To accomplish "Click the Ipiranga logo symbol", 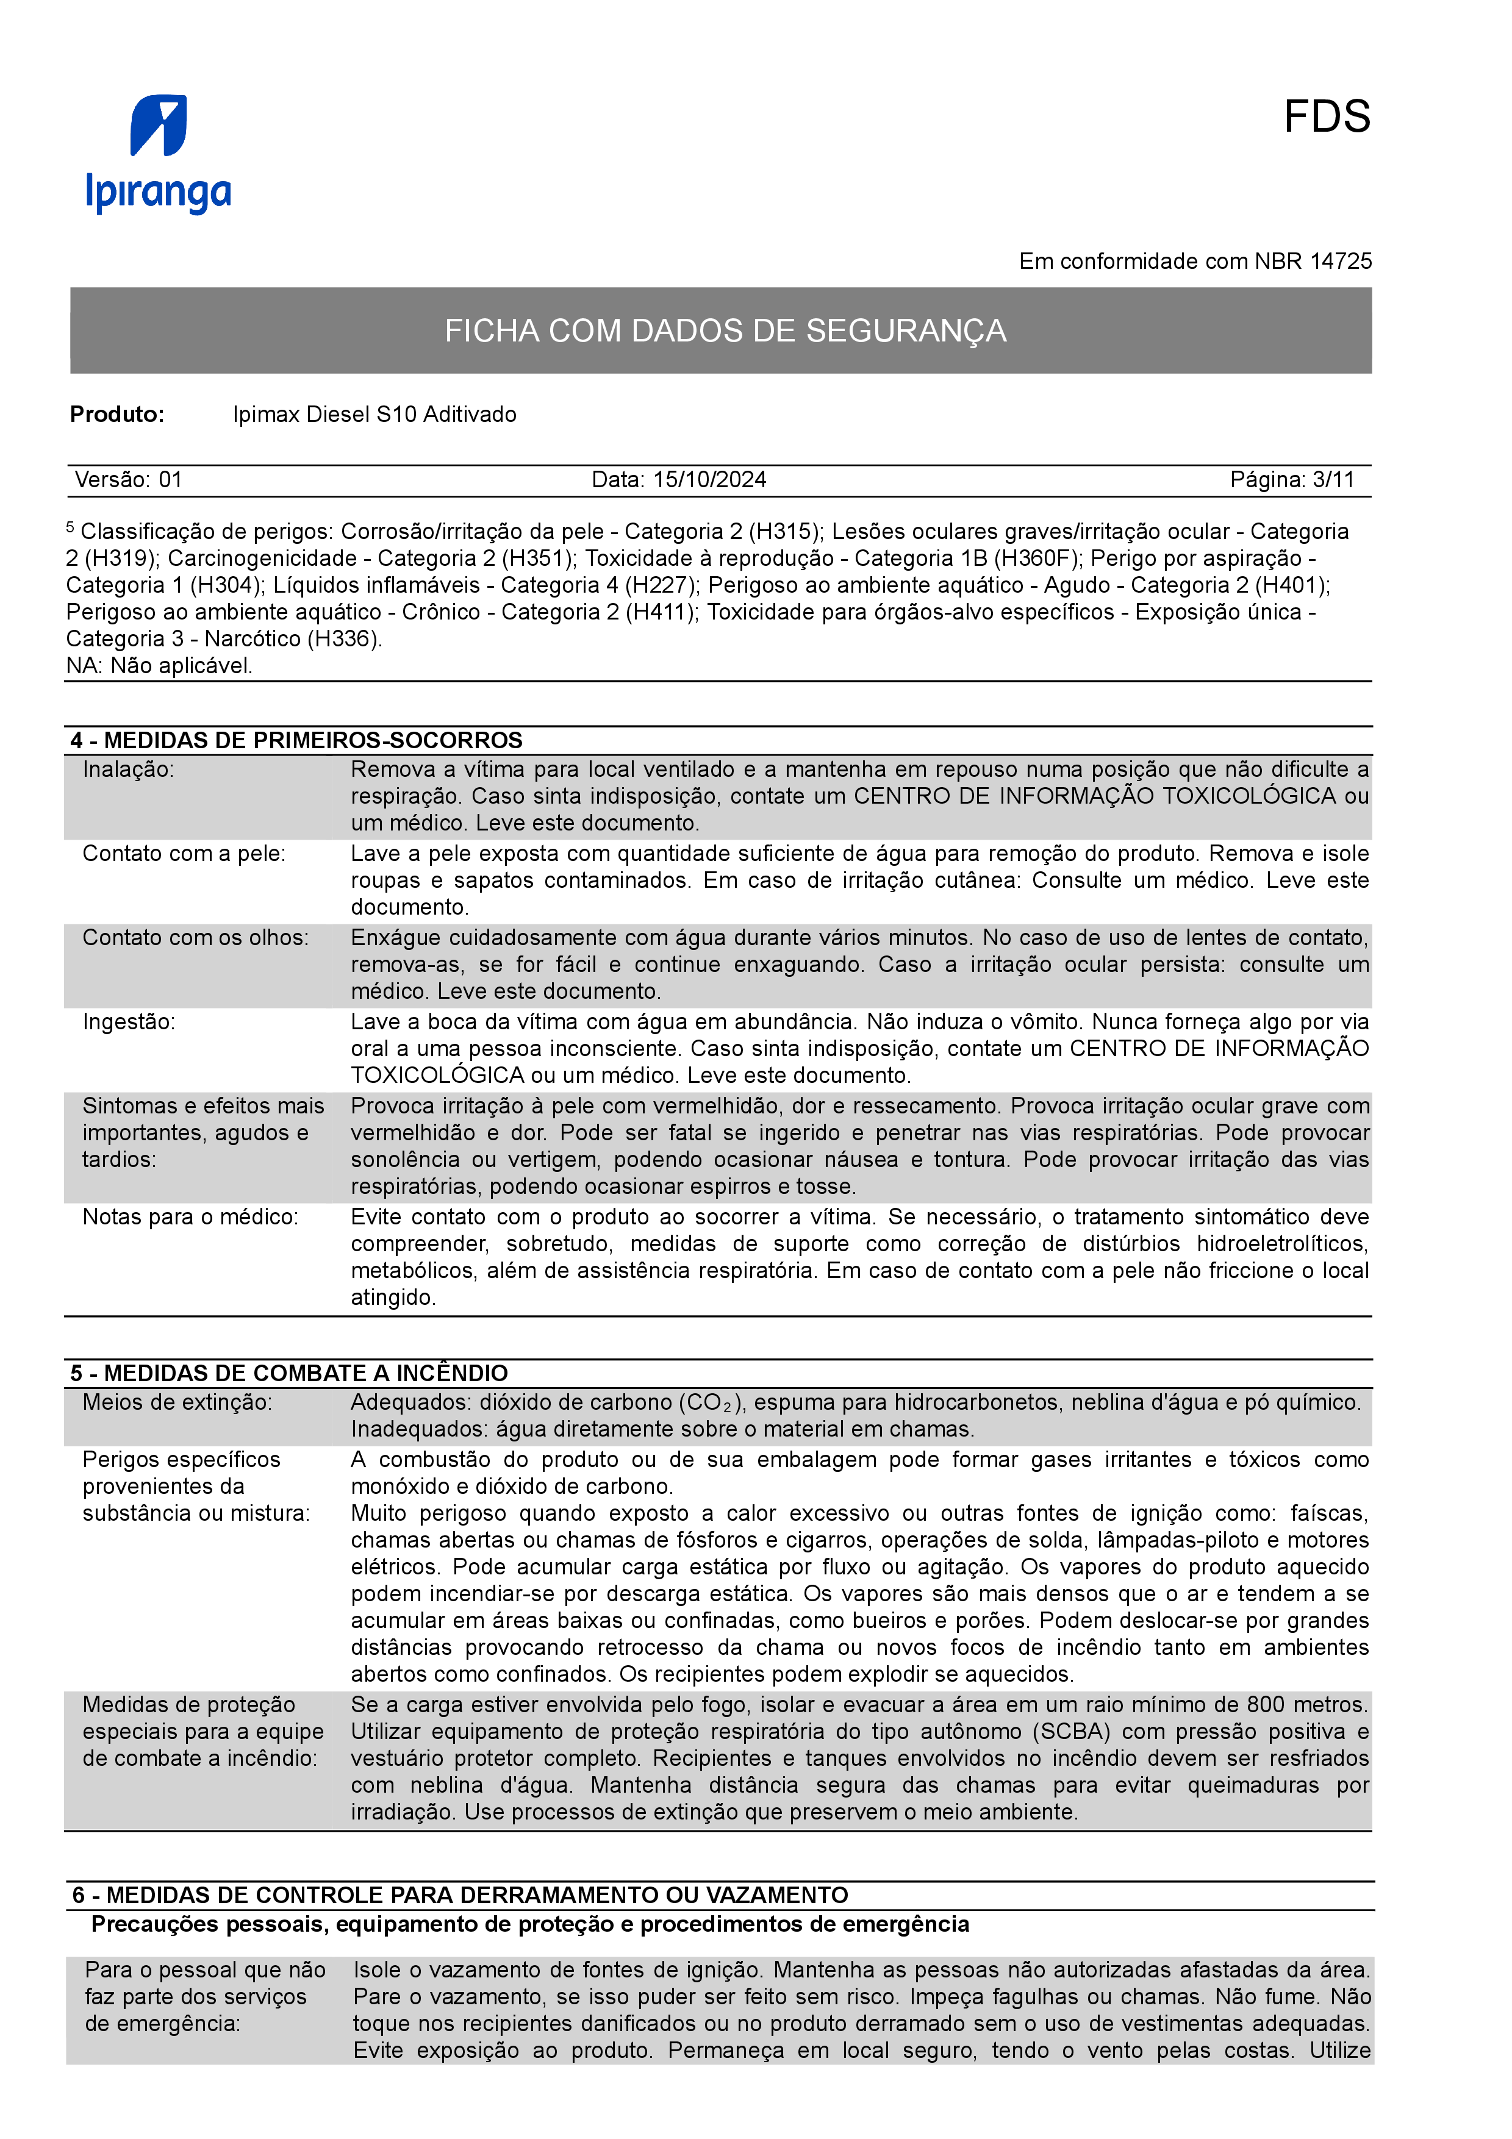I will point(159,125).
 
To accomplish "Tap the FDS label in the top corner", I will point(1326,118).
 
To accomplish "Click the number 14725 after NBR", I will point(1341,262).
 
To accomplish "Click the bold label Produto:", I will point(117,415).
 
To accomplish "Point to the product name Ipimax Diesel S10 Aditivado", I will point(374,415).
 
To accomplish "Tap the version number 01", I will point(171,480).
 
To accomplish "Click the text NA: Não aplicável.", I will point(159,666).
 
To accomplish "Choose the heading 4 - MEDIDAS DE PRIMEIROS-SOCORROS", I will point(296,741).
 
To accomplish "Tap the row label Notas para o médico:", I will point(190,1218).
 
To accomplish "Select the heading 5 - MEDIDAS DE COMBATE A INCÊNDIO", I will point(288,1373).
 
